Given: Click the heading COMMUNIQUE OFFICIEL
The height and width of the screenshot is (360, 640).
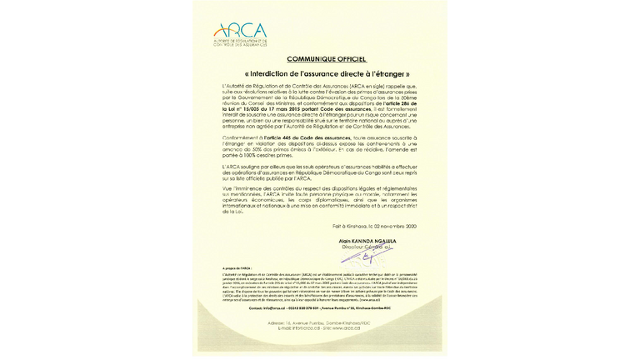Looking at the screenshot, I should (x=320, y=60).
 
